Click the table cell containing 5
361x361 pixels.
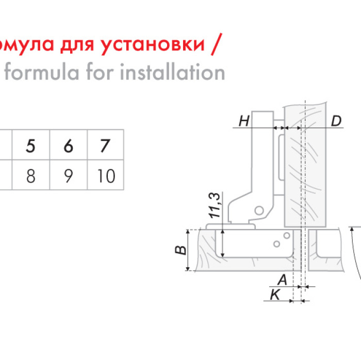coord(31,145)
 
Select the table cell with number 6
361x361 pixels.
coord(69,145)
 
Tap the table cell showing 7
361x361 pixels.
coord(105,145)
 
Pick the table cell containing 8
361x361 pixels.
coord(31,175)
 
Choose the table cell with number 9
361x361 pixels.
coord(69,175)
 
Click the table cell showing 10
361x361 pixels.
coord(105,175)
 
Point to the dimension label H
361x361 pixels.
coord(244,121)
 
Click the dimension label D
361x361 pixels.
coord(336,121)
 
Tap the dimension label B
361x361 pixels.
coord(181,250)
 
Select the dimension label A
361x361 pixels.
coord(283,280)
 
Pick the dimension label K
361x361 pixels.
coord(275,294)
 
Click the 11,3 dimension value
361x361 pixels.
coord(215,206)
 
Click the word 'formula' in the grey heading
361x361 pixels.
coord(42,72)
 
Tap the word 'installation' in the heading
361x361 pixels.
coord(172,72)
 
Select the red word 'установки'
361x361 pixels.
coord(153,44)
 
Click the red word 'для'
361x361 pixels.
coord(77,45)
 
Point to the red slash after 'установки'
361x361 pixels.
coord(217,44)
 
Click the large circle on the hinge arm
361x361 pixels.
coord(259,210)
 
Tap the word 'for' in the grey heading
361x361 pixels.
coord(100,72)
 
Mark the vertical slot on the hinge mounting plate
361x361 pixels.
coord(281,157)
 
